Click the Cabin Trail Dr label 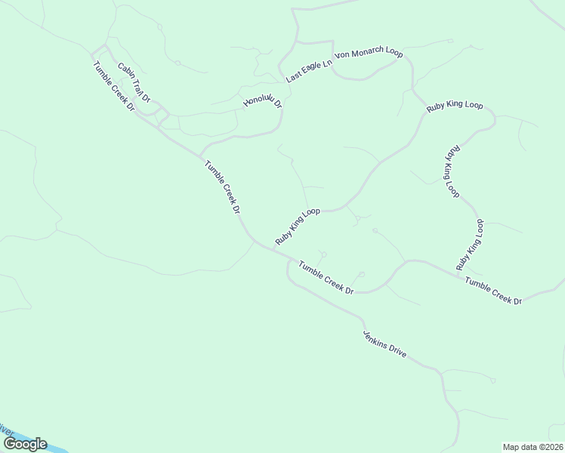tap(134, 83)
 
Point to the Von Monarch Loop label tap(369, 54)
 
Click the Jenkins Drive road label tap(384, 344)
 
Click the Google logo tap(25, 444)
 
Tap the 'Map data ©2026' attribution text tap(533, 447)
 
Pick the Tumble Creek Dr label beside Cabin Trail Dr tap(114, 86)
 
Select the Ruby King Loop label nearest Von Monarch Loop tap(454, 106)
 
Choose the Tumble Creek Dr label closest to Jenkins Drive tap(326, 277)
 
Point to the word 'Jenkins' tap(374, 337)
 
